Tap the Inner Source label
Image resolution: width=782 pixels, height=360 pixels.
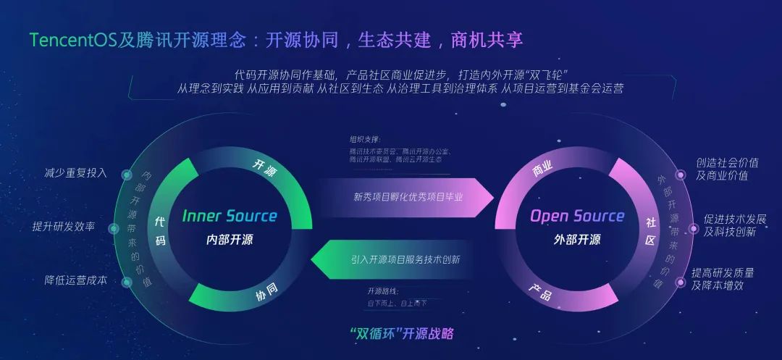pyautogui.click(x=229, y=216)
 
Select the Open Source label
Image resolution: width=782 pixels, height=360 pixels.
pyautogui.click(x=576, y=216)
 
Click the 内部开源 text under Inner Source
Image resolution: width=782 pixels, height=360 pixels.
pyautogui.click(x=229, y=240)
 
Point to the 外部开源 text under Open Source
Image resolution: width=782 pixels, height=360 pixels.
pyautogui.click(x=576, y=240)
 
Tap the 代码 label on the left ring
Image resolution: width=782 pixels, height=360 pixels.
pyautogui.click(x=160, y=231)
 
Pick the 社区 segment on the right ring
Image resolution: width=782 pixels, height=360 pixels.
pyautogui.click(x=649, y=231)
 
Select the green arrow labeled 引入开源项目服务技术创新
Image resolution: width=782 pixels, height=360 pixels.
pyautogui.click(x=403, y=259)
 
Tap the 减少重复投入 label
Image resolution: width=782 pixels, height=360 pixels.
pyautogui.click(x=75, y=173)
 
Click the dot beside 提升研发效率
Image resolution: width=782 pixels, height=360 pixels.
pyautogui.click(x=114, y=229)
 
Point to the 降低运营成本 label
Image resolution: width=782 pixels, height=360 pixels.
pyautogui.click(x=75, y=280)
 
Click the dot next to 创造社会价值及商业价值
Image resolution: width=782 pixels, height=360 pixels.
pyautogui.click(x=680, y=175)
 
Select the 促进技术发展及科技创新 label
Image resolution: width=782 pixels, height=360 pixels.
pyautogui.click(x=734, y=225)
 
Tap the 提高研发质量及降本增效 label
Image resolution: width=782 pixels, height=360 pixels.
pyautogui.click(x=722, y=279)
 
